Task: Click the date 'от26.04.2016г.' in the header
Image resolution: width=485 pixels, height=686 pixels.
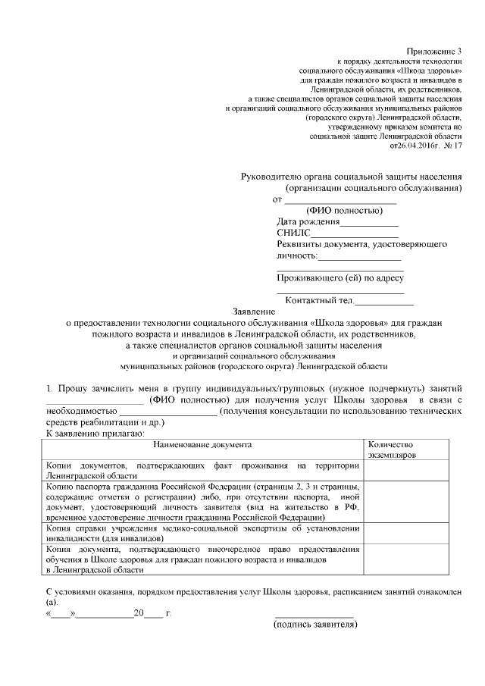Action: point(415,145)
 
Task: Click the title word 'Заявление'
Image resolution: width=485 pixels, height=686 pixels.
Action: point(253,311)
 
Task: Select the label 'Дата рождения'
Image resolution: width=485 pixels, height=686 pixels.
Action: point(308,222)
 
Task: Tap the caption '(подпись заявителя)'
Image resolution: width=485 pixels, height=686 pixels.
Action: point(314,625)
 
